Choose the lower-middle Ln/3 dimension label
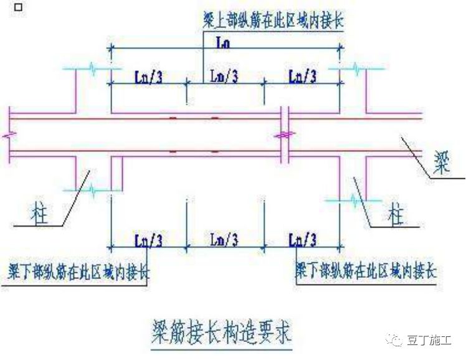(225, 239)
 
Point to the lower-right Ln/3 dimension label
(303, 239)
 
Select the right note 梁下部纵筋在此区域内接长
(366, 272)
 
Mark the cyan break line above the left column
(92, 69)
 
